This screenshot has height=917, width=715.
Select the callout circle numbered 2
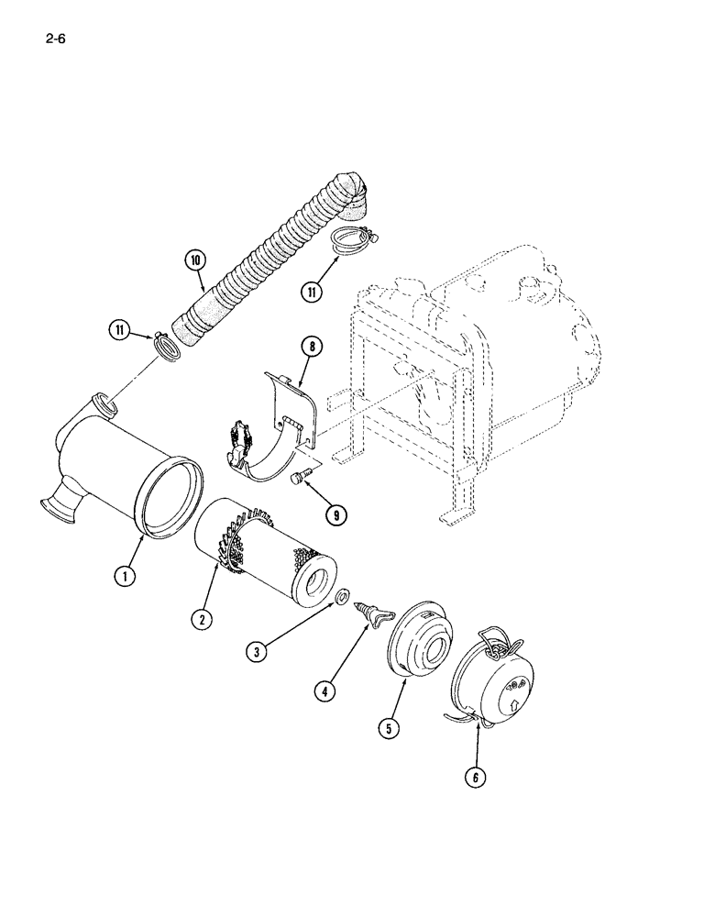[199, 619]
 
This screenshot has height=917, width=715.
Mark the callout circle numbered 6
[474, 778]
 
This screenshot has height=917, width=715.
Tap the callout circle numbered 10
[194, 260]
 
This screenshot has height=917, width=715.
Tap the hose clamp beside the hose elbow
[350, 238]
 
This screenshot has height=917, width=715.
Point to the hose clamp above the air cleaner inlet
[166, 346]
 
